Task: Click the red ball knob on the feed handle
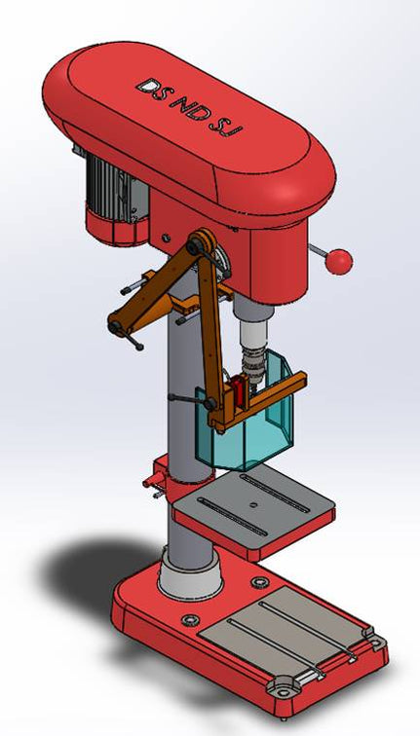point(339,261)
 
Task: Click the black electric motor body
point(113,184)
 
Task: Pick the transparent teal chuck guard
point(244,428)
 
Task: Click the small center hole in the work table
point(251,505)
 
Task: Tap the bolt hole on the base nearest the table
point(259,582)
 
